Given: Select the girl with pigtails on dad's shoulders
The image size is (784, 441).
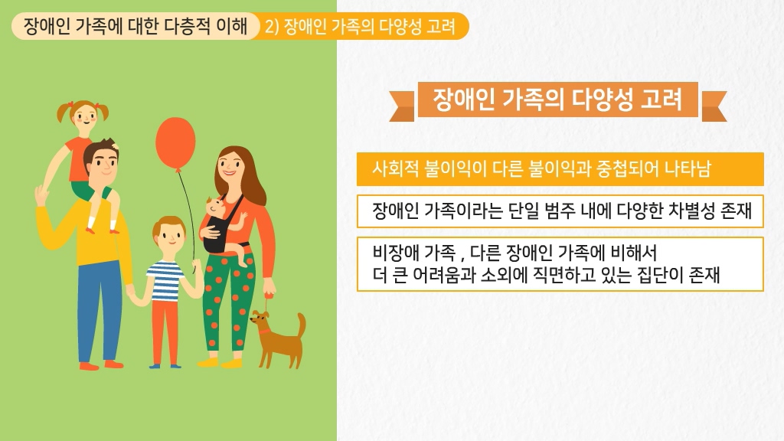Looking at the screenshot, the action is point(83,160).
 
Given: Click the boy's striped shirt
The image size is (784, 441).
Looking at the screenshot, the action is point(165,280).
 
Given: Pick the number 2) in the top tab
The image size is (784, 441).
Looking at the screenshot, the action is point(272,26).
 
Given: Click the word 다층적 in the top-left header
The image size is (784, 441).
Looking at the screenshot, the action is point(188,25).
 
